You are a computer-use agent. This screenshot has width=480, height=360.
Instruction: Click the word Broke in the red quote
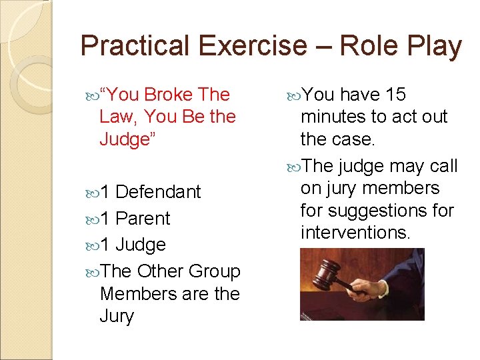[x=167, y=95]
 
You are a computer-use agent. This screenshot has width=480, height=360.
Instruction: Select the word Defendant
[x=158, y=192]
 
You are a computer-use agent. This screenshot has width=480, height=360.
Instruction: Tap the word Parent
[x=143, y=219]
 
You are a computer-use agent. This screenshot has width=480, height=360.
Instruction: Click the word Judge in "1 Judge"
[x=141, y=245]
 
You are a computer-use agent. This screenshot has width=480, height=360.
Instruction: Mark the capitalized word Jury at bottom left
[x=116, y=316]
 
